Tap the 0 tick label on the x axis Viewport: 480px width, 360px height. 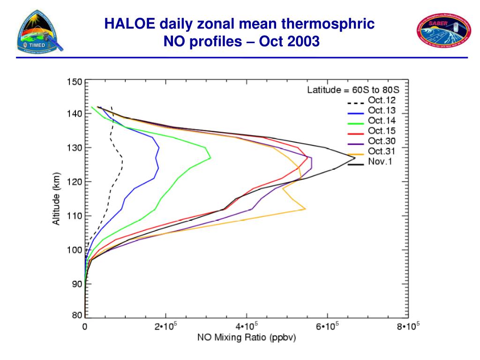tap(85, 327)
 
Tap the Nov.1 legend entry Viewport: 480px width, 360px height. tap(380, 162)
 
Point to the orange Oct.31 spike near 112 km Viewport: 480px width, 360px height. tap(305, 209)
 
